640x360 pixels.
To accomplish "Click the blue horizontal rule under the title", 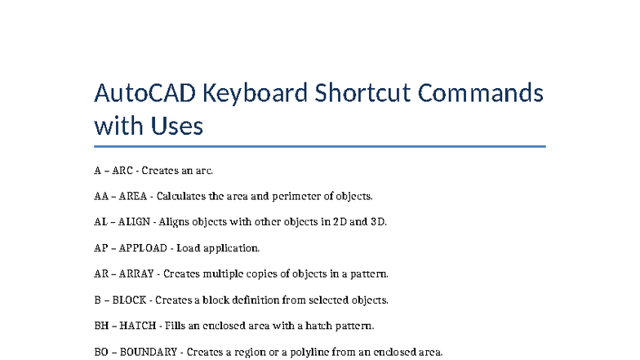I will (319, 147).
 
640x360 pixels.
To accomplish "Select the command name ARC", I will (122, 171).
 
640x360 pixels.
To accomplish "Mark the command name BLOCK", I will (129, 300).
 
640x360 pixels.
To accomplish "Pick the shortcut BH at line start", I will (100, 326).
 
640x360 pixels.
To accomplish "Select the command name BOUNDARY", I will (148, 352).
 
